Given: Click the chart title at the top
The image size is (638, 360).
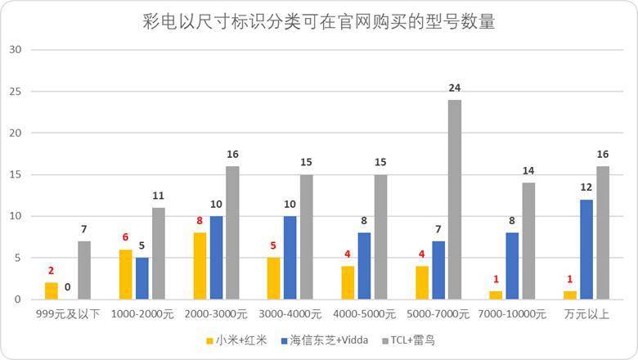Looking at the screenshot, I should (x=318, y=21).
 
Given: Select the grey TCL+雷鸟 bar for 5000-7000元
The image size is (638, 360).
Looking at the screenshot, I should (x=455, y=200).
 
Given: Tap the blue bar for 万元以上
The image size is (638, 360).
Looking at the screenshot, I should (x=586, y=250).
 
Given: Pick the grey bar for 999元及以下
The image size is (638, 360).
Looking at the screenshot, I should (x=84, y=270).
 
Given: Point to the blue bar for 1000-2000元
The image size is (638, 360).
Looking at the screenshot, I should (x=143, y=278).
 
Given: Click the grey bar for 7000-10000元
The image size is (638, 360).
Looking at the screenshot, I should (x=528, y=241).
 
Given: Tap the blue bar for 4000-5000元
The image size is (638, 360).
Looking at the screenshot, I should (x=365, y=266).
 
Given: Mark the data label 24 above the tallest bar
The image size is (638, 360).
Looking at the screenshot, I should (x=455, y=88).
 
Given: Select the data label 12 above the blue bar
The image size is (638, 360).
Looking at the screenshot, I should (x=586, y=187).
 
